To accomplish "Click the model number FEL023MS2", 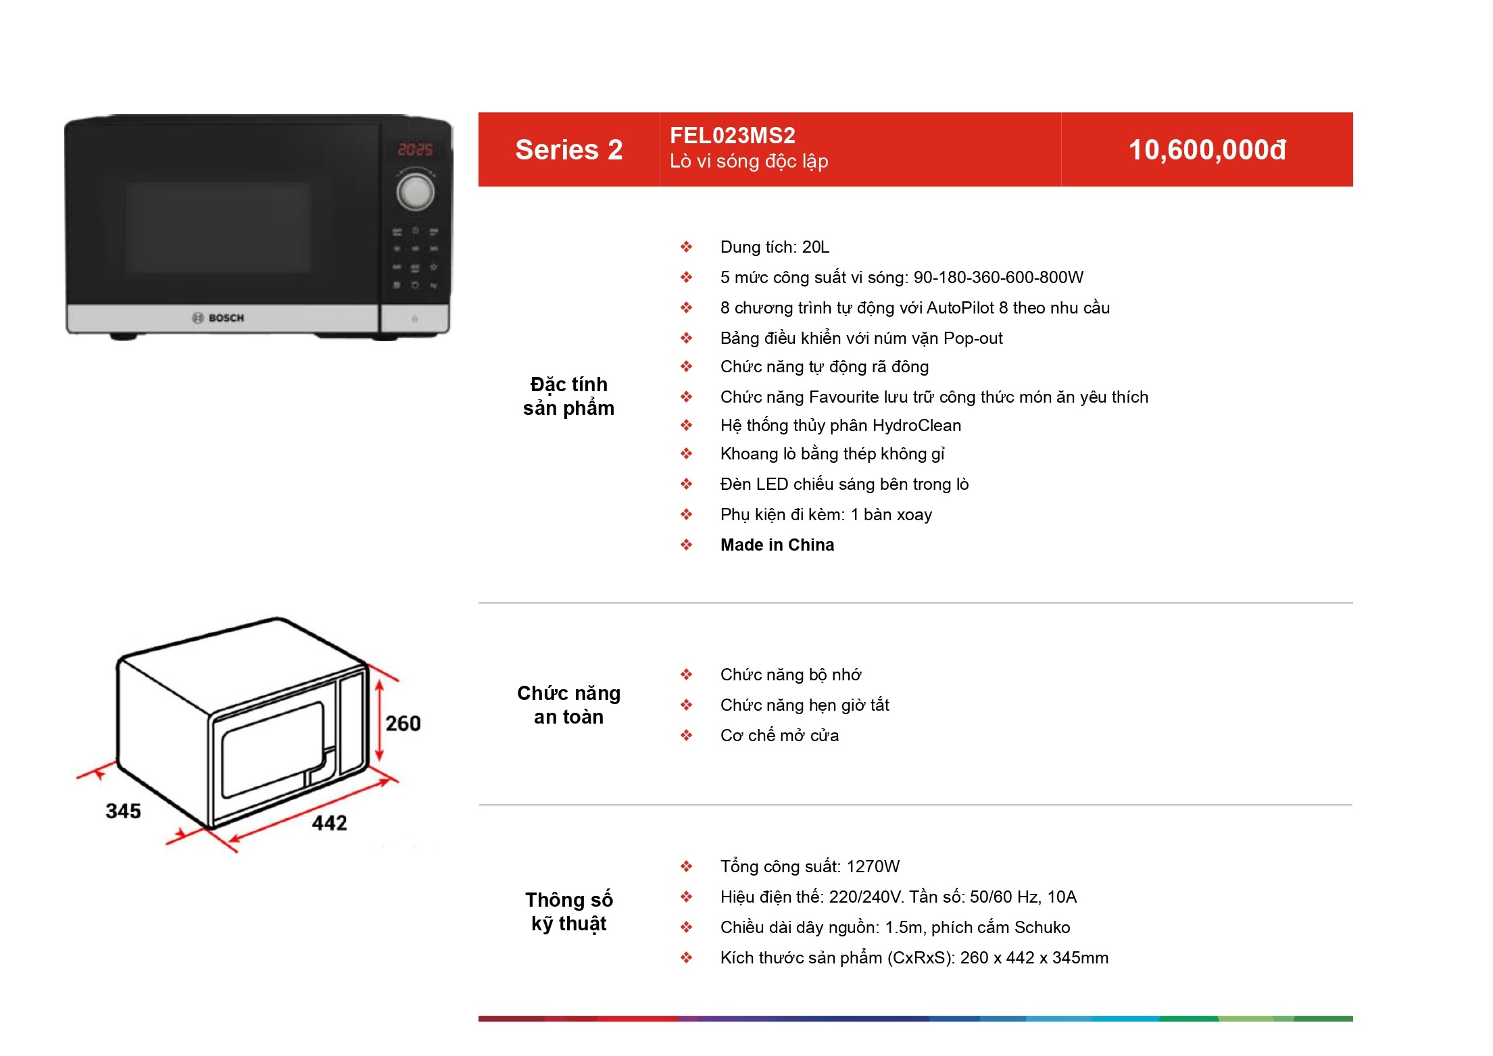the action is [732, 136].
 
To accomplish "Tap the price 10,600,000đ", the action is [1207, 150].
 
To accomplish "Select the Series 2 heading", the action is [569, 150].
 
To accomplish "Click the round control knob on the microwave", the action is [415, 192].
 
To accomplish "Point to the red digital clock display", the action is [415, 149].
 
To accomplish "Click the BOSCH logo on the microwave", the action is [218, 318].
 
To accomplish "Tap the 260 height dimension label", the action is [403, 724].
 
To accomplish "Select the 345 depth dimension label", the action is [123, 811].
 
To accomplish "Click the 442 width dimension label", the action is [329, 823].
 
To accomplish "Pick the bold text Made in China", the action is [777, 545].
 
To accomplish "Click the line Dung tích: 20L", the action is [775, 247].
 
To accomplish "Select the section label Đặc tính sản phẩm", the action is [569, 396].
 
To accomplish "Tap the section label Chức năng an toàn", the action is [569, 705].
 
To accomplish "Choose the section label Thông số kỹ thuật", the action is [569, 911].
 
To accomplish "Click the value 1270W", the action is [873, 867].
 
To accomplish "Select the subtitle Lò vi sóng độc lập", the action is [749, 161].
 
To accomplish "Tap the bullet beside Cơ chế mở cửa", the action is [687, 735].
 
